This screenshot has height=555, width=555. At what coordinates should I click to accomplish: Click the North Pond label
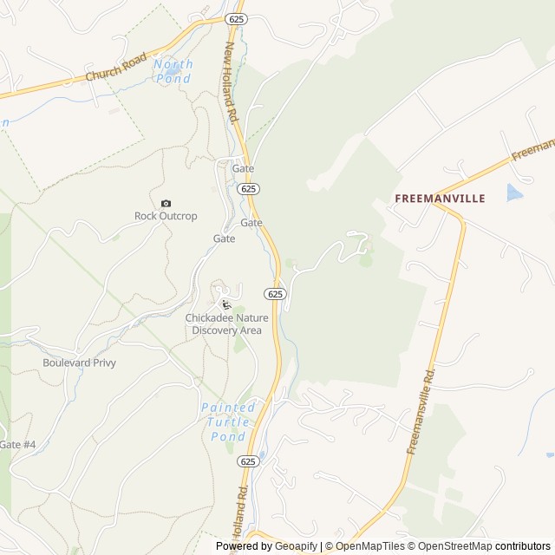pyautogui.click(x=173, y=71)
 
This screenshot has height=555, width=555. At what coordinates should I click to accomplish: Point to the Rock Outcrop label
pyautogui.click(x=166, y=216)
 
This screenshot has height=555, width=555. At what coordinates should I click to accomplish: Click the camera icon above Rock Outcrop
pyautogui.click(x=166, y=203)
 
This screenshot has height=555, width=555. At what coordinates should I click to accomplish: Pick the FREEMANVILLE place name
pyautogui.click(x=440, y=198)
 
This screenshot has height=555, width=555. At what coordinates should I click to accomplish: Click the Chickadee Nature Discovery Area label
pyautogui.click(x=226, y=324)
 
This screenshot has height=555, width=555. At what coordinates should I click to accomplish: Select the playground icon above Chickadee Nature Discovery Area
pyautogui.click(x=226, y=304)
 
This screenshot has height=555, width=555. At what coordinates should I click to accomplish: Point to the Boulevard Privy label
pyautogui.click(x=79, y=362)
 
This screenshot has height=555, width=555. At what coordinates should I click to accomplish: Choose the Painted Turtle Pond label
pyautogui.click(x=229, y=421)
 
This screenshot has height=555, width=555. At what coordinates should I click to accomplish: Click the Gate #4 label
pyautogui.click(x=17, y=445)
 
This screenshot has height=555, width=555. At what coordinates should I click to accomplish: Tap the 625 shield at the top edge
pyautogui.click(x=236, y=18)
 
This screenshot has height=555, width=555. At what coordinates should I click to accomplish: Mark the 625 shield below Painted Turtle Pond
pyautogui.click(x=249, y=461)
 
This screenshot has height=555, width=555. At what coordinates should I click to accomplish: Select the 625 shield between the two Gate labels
pyautogui.click(x=249, y=188)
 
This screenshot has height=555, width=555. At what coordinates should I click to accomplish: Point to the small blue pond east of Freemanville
pyautogui.click(x=515, y=193)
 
